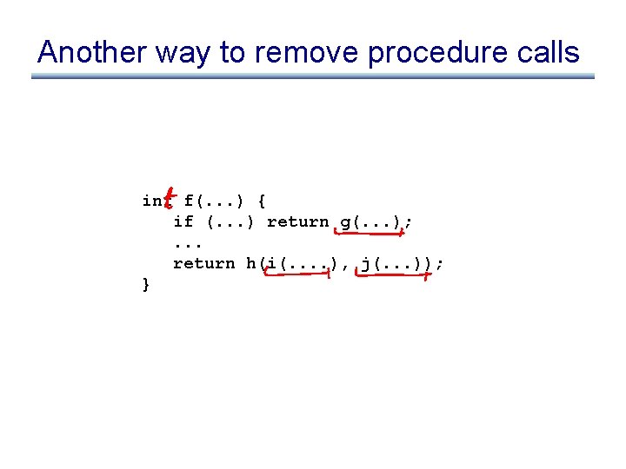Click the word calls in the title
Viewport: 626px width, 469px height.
(545, 52)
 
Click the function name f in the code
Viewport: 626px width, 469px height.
(189, 201)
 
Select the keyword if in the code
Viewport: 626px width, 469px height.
(183, 222)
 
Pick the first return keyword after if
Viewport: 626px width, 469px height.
(297, 222)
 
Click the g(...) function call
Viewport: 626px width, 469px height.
(370, 222)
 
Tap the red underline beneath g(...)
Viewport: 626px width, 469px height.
(370, 232)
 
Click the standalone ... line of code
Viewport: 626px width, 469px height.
(183, 244)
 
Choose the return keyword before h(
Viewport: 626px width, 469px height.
(203, 263)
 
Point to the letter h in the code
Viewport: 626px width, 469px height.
(251, 263)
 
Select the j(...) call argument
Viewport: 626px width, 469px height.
(390, 263)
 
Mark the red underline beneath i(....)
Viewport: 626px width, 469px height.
(297, 275)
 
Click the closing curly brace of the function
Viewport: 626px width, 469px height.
(146, 284)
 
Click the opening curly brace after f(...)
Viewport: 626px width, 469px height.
(263, 201)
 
